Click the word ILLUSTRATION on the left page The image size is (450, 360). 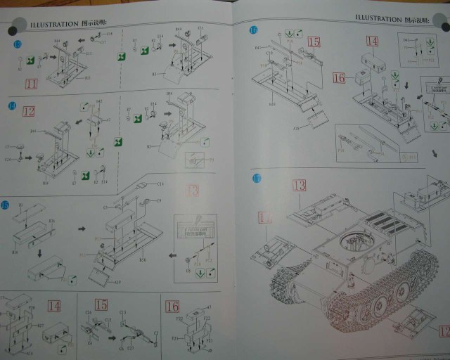point(53,25)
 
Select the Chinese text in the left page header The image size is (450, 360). point(97,25)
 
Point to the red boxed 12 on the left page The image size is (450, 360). point(29,111)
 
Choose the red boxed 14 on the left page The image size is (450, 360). point(54,306)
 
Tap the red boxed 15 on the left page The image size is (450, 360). point(102,305)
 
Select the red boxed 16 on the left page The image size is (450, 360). point(172,307)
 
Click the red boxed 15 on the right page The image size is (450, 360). point(314,42)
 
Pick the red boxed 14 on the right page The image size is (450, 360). point(372,42)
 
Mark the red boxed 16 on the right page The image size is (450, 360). point(340,78)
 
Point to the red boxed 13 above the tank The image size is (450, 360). point(300,186)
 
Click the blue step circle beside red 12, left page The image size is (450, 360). point(12,106)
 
